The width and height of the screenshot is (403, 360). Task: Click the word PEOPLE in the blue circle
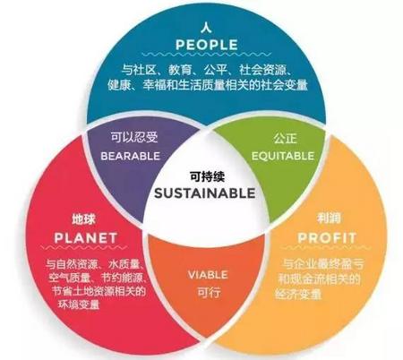click(x=207, y=45)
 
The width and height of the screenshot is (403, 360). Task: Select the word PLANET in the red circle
click(x=86, y=238)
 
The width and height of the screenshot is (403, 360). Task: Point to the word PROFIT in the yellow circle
click(x=327, y=238)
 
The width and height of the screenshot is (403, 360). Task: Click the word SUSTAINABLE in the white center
click(x=205, y=193)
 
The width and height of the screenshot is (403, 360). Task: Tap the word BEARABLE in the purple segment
click(x=131, y=156)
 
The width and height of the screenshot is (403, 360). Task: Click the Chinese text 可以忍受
click(x=134, y=138)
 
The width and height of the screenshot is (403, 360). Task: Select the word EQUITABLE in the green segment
click(x=283, y=156)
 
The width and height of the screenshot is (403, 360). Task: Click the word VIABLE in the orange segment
click(x=208, y=275)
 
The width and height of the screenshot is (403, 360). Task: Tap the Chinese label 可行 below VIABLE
click(x=209, y=292)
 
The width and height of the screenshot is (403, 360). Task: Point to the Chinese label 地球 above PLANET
click(x=83, y=219)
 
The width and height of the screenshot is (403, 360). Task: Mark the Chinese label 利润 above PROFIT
click(x=329, y=219)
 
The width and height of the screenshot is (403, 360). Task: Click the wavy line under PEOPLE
click(x=207, y=55)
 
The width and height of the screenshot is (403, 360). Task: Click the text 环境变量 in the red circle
click(x=79, y=304)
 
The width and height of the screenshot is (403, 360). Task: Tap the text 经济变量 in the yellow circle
click(x=298, y=294)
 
